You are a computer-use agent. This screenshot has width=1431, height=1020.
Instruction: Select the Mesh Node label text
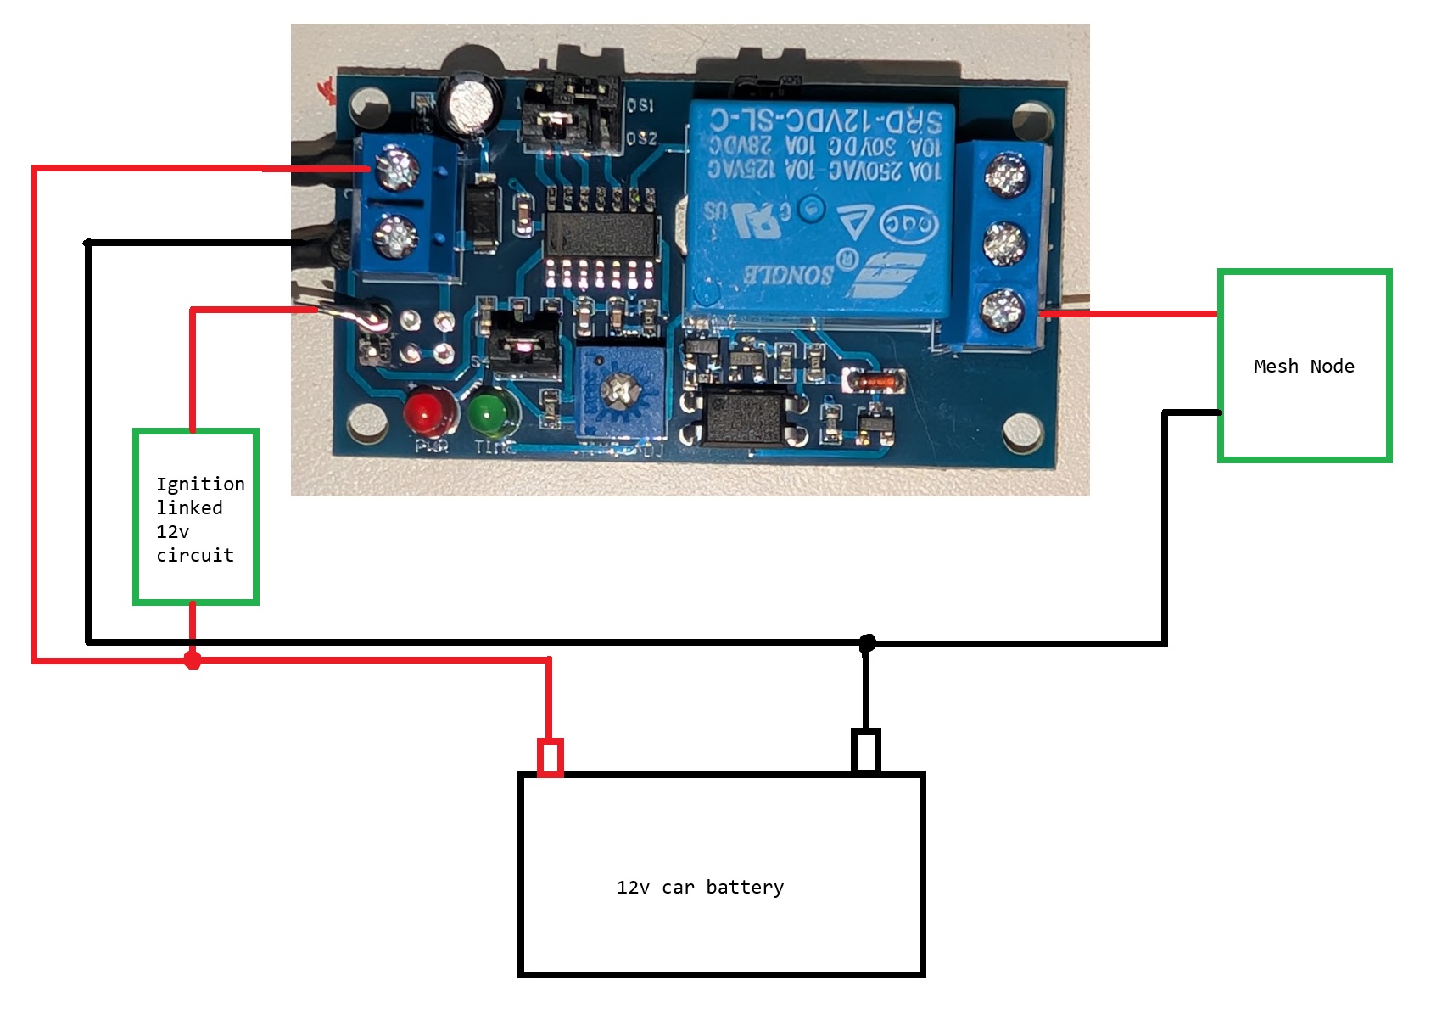click(1304, 367)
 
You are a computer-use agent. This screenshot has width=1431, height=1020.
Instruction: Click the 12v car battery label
click(700, 888)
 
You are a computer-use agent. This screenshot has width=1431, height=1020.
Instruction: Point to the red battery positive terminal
click(550, 757)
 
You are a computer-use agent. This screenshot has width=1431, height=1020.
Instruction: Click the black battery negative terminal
click(865, 751)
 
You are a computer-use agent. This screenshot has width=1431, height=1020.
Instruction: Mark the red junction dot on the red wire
click(193, 659)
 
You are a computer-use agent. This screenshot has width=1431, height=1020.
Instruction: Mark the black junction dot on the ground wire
click(866, 644)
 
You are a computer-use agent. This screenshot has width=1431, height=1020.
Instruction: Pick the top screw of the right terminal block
click(1006, 175)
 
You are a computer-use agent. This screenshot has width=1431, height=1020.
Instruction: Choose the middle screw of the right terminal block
click(1004, 243)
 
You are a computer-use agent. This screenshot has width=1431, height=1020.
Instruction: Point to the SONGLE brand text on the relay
click(790, 274)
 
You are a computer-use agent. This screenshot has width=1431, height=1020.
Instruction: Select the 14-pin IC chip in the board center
click(601, 233)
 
